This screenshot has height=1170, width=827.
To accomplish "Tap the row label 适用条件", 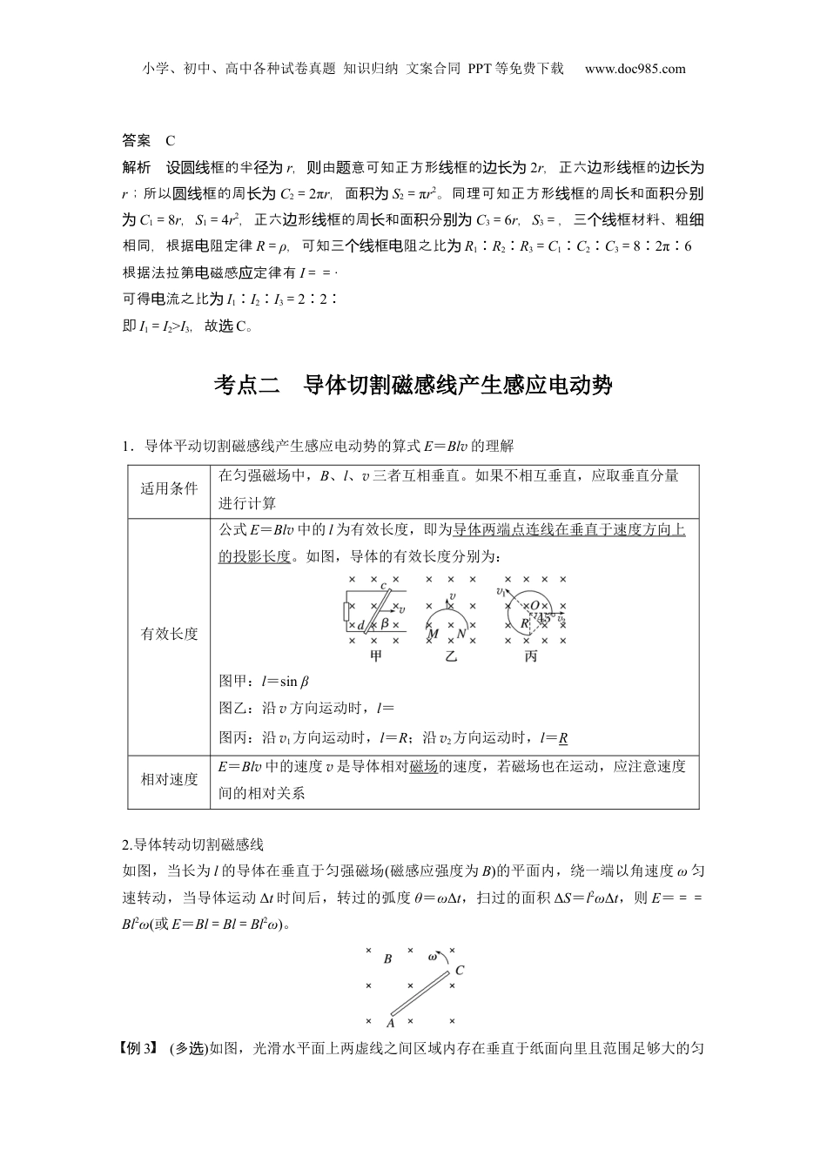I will (170, 488).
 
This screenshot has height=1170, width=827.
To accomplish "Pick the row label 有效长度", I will (170, 634).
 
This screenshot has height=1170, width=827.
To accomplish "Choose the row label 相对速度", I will (170, 780).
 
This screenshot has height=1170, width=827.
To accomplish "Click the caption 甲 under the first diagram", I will (376, 656).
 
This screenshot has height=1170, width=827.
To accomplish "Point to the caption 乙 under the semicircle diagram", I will (451, 656).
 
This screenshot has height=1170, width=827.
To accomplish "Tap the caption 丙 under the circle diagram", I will (531, 656).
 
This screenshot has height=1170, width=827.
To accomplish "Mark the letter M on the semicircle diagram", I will (433, 635).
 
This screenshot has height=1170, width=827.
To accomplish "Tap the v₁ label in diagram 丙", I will (501, 592).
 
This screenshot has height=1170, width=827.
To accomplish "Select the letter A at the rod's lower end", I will (390, 1024).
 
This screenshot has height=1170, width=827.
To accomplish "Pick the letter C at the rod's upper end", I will (460, 970).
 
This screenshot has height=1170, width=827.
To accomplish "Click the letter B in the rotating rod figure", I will (387, 958).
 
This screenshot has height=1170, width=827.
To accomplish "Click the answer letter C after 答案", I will (171, 140).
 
